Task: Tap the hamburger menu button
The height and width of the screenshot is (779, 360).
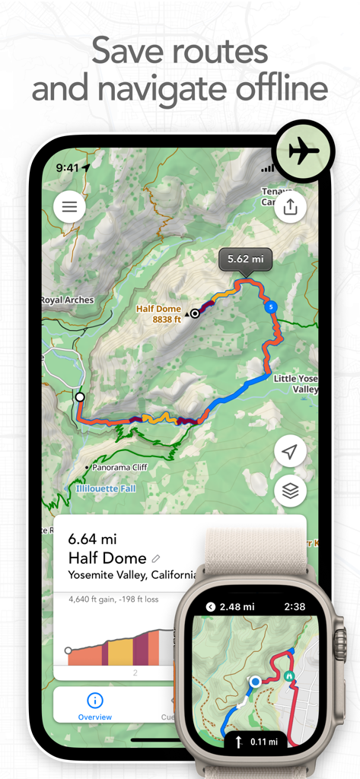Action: coord(69,206)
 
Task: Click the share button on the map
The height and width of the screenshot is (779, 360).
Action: coord(290,206)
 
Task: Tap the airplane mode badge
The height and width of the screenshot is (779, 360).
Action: coord(304,151)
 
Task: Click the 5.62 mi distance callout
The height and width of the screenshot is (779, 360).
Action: coord(244,259)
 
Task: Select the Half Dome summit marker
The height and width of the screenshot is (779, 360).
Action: coord(195,313)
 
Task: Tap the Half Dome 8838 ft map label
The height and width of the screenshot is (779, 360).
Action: coord(159,314)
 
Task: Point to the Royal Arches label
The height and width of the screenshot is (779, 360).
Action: coord(67,300)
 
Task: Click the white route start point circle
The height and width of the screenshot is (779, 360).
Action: coord(79,397)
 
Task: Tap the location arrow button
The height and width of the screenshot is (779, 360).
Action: coord(290,452)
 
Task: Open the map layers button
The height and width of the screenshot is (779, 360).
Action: coord(290,491)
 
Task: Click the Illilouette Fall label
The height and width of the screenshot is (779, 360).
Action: coord(106,488)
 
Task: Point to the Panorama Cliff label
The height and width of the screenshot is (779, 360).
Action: coord(121,467)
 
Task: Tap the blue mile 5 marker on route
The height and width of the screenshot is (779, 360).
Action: coord(270,307)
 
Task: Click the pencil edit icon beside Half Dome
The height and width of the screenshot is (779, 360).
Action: coord(157,558)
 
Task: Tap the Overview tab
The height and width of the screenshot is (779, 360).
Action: coord(95,707)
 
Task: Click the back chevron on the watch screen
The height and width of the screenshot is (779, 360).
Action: coord(211,606)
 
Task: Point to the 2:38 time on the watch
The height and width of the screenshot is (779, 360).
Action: coord(293,606)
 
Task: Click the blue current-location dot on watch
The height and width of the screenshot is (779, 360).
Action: coord(255,682)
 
